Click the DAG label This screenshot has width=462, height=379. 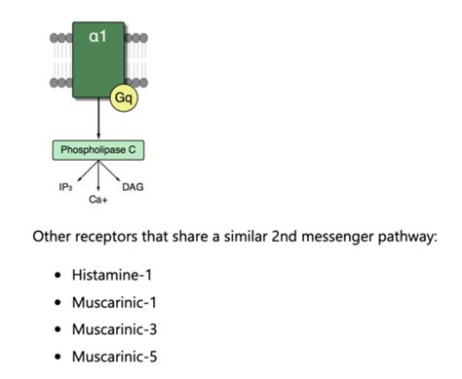[x=133, y=187]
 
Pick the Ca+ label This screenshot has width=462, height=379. [x=97, y=199]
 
